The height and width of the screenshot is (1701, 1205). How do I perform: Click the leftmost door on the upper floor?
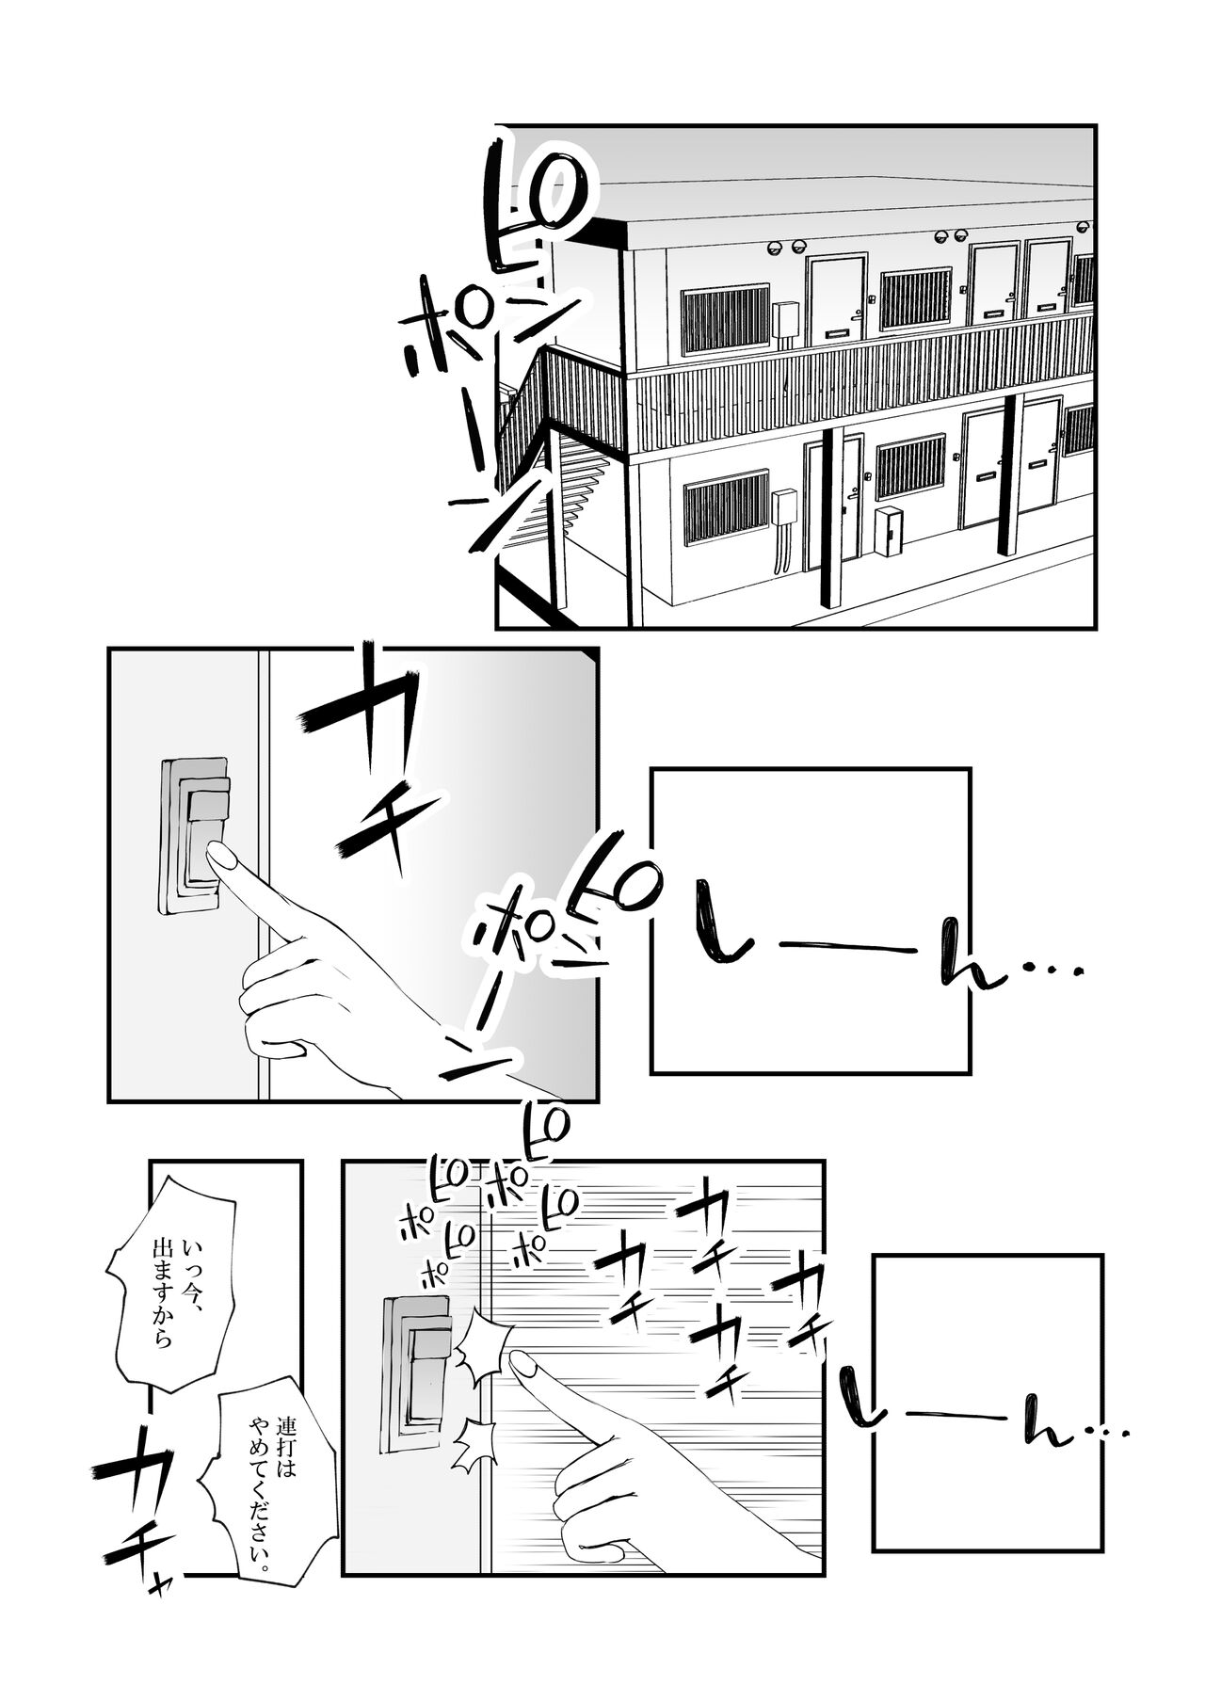tap(838, 295)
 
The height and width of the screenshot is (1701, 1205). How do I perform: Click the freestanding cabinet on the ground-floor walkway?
tap(887, 543)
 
